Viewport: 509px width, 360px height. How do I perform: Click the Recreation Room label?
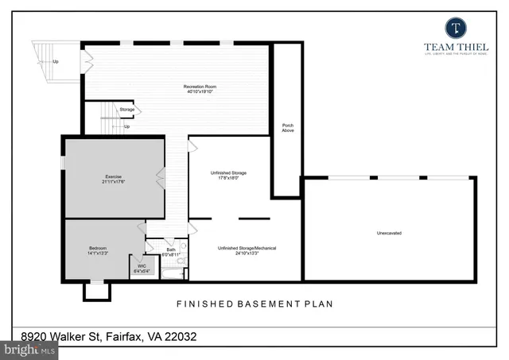[x=200, y=86]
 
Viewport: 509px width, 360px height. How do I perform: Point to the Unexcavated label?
[x=389, y=233]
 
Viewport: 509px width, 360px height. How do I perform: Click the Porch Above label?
[x=288, y=128]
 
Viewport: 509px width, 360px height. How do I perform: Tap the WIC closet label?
[x=142, y=266]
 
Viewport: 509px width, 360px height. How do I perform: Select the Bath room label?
[x=170, y=250]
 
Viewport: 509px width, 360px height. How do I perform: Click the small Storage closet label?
[x=127, y=109]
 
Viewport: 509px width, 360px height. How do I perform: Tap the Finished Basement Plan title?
[x=254, y=304]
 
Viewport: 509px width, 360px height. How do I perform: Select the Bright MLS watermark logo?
[x=30, y=349]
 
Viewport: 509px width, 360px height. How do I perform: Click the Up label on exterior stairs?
[x=55, y=61]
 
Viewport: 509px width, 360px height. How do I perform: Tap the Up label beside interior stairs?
[x=126, y=126]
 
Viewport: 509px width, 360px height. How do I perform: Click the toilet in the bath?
[x=181, y=262]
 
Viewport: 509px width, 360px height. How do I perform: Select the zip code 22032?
[x=179, y=337]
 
